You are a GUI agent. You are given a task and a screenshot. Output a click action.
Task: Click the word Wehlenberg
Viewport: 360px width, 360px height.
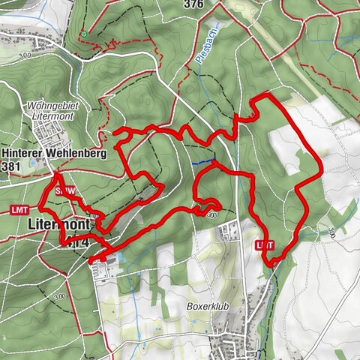[x=80, y=153]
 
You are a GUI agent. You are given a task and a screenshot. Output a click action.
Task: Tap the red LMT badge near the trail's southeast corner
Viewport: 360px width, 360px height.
[x=264, y=244]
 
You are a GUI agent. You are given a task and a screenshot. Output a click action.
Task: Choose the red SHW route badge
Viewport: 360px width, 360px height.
[x=64, y=192]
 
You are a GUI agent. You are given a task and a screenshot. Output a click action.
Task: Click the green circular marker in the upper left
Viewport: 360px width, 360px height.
[x=85, y=34]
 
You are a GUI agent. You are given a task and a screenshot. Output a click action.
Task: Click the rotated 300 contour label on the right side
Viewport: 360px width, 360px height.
[x=330, y=233]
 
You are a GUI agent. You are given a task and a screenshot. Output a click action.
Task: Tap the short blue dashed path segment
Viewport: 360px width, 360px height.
[x=201, y=162]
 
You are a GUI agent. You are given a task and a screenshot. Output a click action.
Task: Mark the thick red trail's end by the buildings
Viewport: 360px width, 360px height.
[x=92, y=260]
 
